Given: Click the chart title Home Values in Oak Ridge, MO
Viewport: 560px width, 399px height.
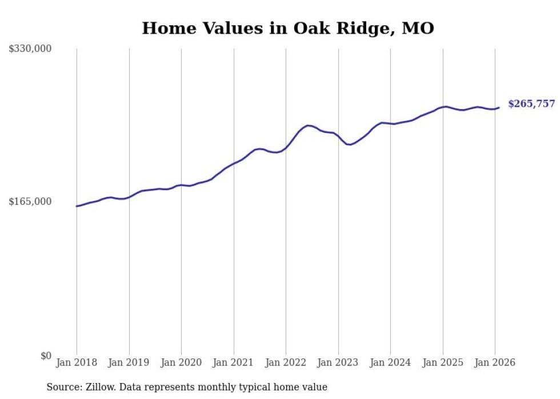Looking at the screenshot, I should click(x=288, y=28).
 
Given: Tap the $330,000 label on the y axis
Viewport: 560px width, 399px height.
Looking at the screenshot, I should click(x=30, y=49).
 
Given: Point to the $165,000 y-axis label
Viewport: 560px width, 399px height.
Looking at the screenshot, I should click(x=30, y=201).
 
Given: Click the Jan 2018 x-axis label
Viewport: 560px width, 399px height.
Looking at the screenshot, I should click(x=77, y=362).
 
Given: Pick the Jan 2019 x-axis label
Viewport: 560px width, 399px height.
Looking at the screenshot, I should click(x=129, y=362).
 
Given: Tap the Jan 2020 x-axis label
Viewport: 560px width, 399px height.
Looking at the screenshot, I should click(x=181, y=362).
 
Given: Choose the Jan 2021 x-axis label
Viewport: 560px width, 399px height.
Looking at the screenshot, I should click(x=234, y=362).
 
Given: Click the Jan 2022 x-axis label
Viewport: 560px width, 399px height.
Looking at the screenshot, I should click(x=286, y=362).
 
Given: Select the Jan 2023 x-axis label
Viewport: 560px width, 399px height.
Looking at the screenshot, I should click(x=338, y=362).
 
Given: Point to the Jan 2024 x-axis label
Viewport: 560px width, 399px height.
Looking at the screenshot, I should click(x=390, y=362).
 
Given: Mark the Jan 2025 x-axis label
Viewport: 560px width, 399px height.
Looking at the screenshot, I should click(x=443, y=362).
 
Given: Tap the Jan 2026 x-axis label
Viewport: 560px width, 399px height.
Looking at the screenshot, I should click(x=495, y=362).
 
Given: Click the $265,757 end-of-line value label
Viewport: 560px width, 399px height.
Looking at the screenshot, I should click(x=531, y=104).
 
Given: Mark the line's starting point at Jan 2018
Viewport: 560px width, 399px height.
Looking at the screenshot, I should click(x=77, y=206).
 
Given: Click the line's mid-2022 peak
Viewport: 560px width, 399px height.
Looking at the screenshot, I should click(x=308, y=125).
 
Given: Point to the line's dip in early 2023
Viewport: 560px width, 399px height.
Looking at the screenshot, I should click(x=349, y=144).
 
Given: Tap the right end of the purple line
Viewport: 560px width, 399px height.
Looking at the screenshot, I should click(x=499, y=107).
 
